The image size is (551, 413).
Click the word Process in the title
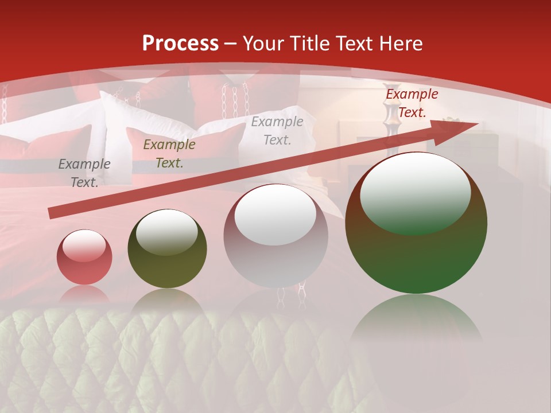click(x=180, y=44)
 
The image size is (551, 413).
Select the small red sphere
click(x=84, y=258)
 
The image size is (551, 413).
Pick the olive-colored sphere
click(x=167, y=249)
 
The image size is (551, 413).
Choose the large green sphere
click(x=416, y=223)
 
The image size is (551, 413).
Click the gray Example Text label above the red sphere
click(x=84, y=173)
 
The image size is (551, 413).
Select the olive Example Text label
click(x=169, y=154)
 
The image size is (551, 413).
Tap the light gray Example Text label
click(x=277, y=131)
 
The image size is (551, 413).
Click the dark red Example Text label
click(x=412, y=103)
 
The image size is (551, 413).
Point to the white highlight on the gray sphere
click(x=275, y=215)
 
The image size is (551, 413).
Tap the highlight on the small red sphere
click(x=84, y=246)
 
